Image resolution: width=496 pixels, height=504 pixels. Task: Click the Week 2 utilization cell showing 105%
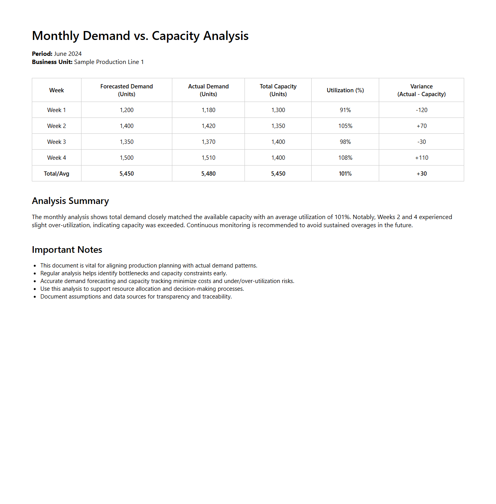[x=345, y=126]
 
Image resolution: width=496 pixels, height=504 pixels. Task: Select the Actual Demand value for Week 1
[x=208, y=110]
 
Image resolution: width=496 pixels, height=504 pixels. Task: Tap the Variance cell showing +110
[x=421, y=158]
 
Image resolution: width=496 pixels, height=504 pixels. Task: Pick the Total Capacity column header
[x=278, y=90]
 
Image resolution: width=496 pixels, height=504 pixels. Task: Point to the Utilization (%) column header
[x=345, y=90]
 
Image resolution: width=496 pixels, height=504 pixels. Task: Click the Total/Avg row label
[x=57, y=174]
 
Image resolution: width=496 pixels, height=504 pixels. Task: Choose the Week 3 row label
[x=57, y=142]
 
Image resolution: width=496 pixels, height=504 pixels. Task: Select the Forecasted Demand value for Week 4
[x=127, y=158]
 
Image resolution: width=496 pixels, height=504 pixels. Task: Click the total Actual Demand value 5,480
[x=208, y=174]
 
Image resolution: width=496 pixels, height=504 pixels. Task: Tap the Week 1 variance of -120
[x=421, y=110]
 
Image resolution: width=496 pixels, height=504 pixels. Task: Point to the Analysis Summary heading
[x=70, y=201]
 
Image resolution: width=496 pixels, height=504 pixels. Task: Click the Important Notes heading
[x=67, y=250]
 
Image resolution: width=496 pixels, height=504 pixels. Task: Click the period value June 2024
[x=68, y=54]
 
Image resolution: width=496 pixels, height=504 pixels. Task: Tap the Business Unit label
[x=52, y=62]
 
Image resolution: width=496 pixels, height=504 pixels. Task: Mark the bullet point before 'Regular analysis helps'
[x=35, y=274]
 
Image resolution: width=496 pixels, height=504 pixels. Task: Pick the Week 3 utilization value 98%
[x=345, y=142]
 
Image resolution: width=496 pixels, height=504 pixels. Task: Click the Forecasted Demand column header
[x=127, y=90]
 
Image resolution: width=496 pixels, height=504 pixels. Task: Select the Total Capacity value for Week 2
[x=278, y=126]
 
